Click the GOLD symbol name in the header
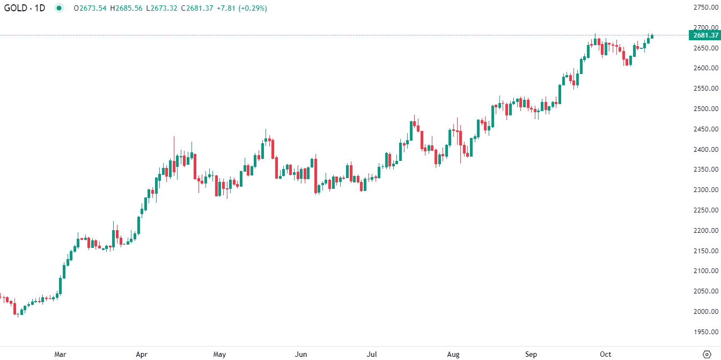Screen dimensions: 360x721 pos(16,8)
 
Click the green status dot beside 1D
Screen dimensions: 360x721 pos(59,8)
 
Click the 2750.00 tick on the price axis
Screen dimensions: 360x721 pos(705,7)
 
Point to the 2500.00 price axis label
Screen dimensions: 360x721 pos(705,109)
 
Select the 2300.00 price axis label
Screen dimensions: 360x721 pos(705,190)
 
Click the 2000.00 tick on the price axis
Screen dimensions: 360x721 pos(705,312)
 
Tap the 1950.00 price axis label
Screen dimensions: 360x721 pos(705,332)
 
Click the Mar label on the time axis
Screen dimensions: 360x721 pos(60,354)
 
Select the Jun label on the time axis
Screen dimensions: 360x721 pos(301,354)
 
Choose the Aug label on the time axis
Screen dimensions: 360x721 pos(453,354)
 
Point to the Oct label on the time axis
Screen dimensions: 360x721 pos(606,354)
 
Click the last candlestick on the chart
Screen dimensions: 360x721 pos(652,36)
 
